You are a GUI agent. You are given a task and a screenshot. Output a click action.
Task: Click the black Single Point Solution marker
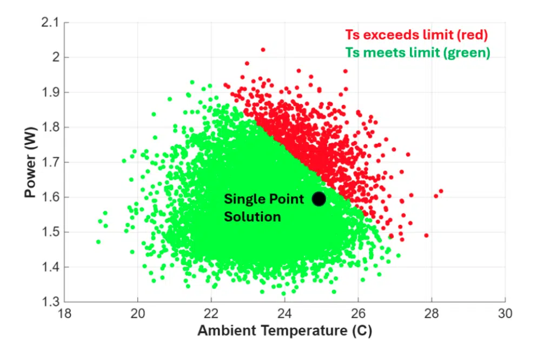pyautogui.click(x=319, y=199)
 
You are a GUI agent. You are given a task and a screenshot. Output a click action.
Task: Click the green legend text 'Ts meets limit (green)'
pyautogui.click(x=417, y=52)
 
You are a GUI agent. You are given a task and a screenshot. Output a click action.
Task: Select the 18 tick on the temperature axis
pyautogui.click(x=64, y=314)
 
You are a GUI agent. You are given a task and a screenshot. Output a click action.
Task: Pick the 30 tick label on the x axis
pyautogui.click(x=505, y=314)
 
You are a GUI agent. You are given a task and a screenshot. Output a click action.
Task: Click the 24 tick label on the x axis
pyautogui.click(x=284, y=314)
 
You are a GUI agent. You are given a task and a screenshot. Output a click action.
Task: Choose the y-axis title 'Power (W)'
pyautogui.click(x=30, y=162)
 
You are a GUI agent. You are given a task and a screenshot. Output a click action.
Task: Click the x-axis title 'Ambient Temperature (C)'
pyautogui.click(x=284, y=331)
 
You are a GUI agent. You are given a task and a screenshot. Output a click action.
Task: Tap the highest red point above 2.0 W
pyautogui.click(x=263, y=50)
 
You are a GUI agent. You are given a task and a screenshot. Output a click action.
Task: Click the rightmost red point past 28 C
pyautogui.click(x=441, y=191)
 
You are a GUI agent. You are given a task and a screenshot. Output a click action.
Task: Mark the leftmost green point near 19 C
pyautogui.click(x=98, y=242)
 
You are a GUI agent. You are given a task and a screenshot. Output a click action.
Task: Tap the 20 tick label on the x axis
pyautogui.click(x=138, y=314)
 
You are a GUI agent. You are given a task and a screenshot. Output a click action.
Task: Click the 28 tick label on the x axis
pyautogui.click(x=432, y=314)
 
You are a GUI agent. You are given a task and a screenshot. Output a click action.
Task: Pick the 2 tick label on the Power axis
pyautogui.click(x=56, y=58)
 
